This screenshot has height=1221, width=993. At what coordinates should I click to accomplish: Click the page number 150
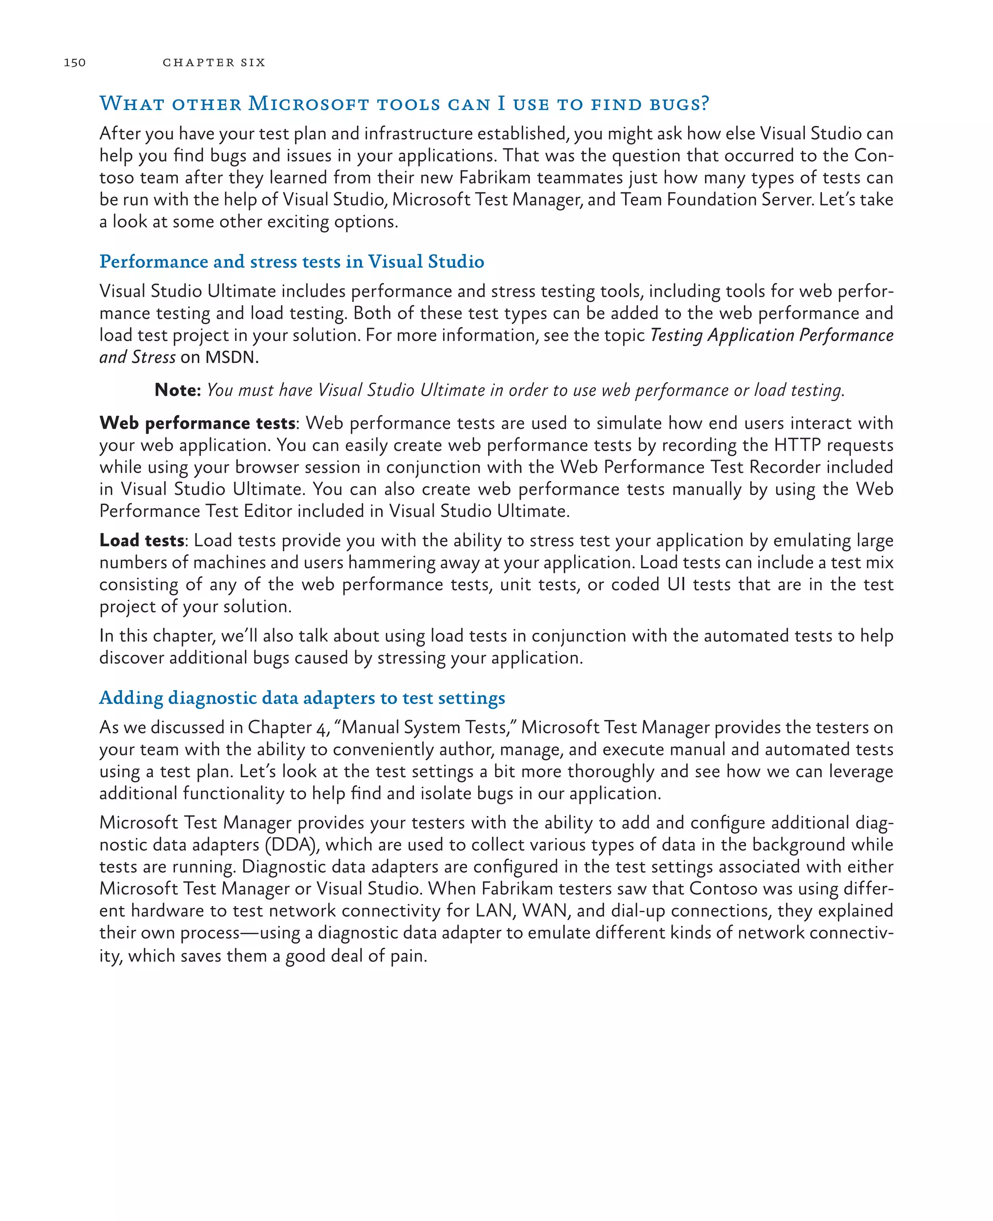74,63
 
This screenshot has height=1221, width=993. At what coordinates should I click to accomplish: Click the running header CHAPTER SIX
214,63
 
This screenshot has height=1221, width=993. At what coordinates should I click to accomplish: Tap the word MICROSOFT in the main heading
308,104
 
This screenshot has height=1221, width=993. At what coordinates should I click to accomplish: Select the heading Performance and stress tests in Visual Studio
292,261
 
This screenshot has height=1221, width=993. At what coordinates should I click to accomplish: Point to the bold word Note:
177,390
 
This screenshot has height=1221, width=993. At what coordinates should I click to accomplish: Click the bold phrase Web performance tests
197,423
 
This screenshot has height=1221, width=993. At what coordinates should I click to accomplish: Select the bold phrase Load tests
141,540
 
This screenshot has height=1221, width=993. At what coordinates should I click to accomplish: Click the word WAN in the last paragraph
545,910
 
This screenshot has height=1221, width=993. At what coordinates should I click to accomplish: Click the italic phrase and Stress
137,357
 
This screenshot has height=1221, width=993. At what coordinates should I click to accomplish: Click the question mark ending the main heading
704,104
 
